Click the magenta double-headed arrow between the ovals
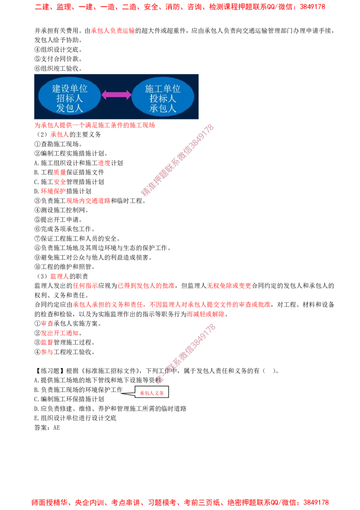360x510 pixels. (116, 95)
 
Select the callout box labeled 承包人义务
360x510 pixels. (152, 392)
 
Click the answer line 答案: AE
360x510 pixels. (47, 428)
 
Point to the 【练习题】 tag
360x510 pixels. (50, 371)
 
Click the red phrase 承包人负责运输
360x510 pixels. (113, 31)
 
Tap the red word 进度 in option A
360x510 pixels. (104, 163)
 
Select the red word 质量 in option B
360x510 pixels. (60, 173)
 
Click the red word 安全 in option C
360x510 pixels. (60, 182)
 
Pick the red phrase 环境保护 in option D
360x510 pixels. (53, 191)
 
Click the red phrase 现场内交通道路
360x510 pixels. (88, 200)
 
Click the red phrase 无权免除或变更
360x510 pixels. (229, 286)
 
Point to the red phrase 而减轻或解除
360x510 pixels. (206, 314)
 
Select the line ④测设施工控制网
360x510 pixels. (61, 210)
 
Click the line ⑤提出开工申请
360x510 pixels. (58, 219)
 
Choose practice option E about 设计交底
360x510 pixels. (76, 418)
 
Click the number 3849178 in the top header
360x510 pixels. (312, 6)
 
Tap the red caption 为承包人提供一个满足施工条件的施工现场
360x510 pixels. (95, 125)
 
